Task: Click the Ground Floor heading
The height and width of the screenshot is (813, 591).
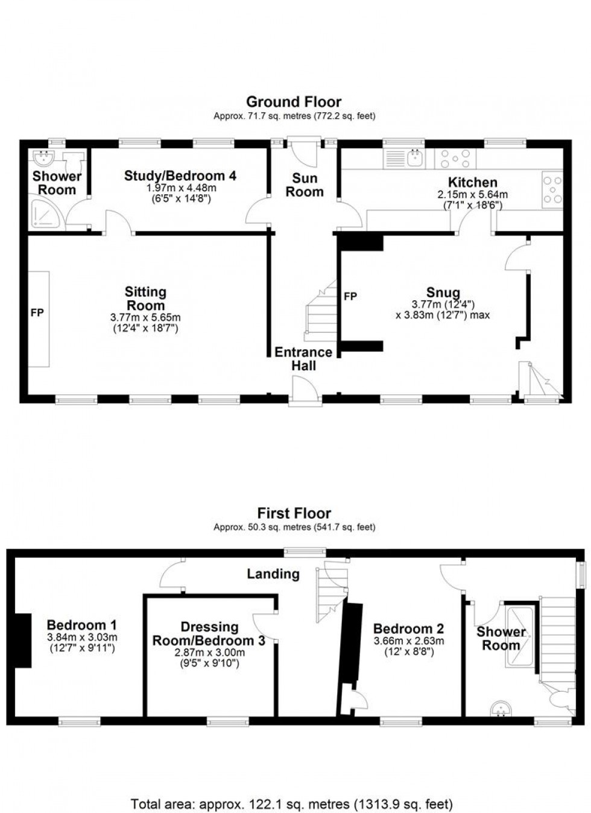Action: [x=294, y=102]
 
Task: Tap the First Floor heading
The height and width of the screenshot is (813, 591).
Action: [x=294, y=513]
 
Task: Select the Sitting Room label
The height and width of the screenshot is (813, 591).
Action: [x=146, y=299]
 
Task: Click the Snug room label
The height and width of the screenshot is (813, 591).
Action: [x=444, y=294]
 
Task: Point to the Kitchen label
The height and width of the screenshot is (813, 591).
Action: [x=472, y=182]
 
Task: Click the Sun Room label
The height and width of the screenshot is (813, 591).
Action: [x=305, y=185]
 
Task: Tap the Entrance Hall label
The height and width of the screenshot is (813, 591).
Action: [x=303, y=359]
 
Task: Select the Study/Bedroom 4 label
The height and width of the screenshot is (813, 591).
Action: [x=180, y=176]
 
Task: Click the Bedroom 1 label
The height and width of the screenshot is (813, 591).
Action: [x=82, y=625]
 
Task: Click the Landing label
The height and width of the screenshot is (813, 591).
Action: [x=273, y=574]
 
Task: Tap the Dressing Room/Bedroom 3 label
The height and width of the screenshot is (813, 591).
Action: [x=209, y=634]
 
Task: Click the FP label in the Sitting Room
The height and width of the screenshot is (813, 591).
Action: [x=37, y=314]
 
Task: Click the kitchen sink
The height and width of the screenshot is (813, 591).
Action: [x=415, y=158]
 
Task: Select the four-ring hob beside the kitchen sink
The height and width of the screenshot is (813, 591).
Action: [x=455, y=158]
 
